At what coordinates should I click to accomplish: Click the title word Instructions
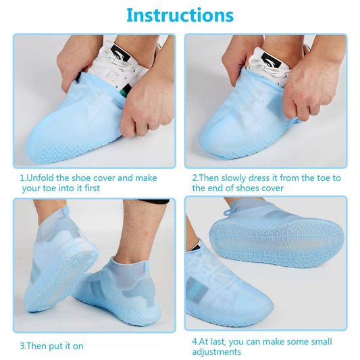point(180,15)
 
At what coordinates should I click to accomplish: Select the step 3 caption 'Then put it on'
point(55,346)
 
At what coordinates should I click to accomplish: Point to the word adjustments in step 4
point(217,351)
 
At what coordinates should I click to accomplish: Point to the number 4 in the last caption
point(194,341)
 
